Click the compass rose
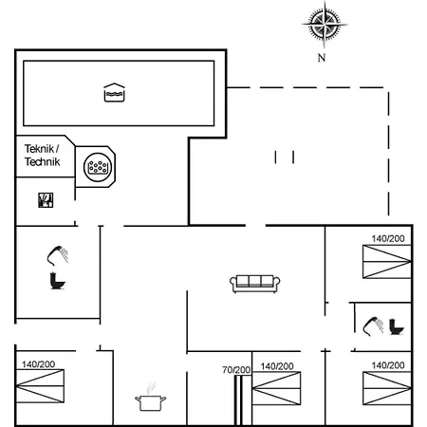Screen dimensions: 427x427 click(x=323, y=25)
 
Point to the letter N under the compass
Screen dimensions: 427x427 click(x=323, y=58)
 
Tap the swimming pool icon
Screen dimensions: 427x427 click(x=113, y=92)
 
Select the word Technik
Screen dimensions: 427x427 click(x=42, y=163)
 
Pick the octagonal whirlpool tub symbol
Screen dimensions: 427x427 click(x=97, y=167)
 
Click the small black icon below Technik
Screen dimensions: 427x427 click(x=45, y=199)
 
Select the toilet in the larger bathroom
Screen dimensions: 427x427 click(x=57, y=280)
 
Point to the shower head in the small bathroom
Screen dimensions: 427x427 click(x=372, y=326)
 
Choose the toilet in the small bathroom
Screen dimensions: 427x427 click(x=397, y=326)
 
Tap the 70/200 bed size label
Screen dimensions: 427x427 click(x=236, y=369)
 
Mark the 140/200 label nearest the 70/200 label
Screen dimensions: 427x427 click(x=276, y=366)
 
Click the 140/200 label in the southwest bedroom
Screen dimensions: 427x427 click(x=39, y=364)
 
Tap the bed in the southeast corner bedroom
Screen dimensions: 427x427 click(x=385, y=390)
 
